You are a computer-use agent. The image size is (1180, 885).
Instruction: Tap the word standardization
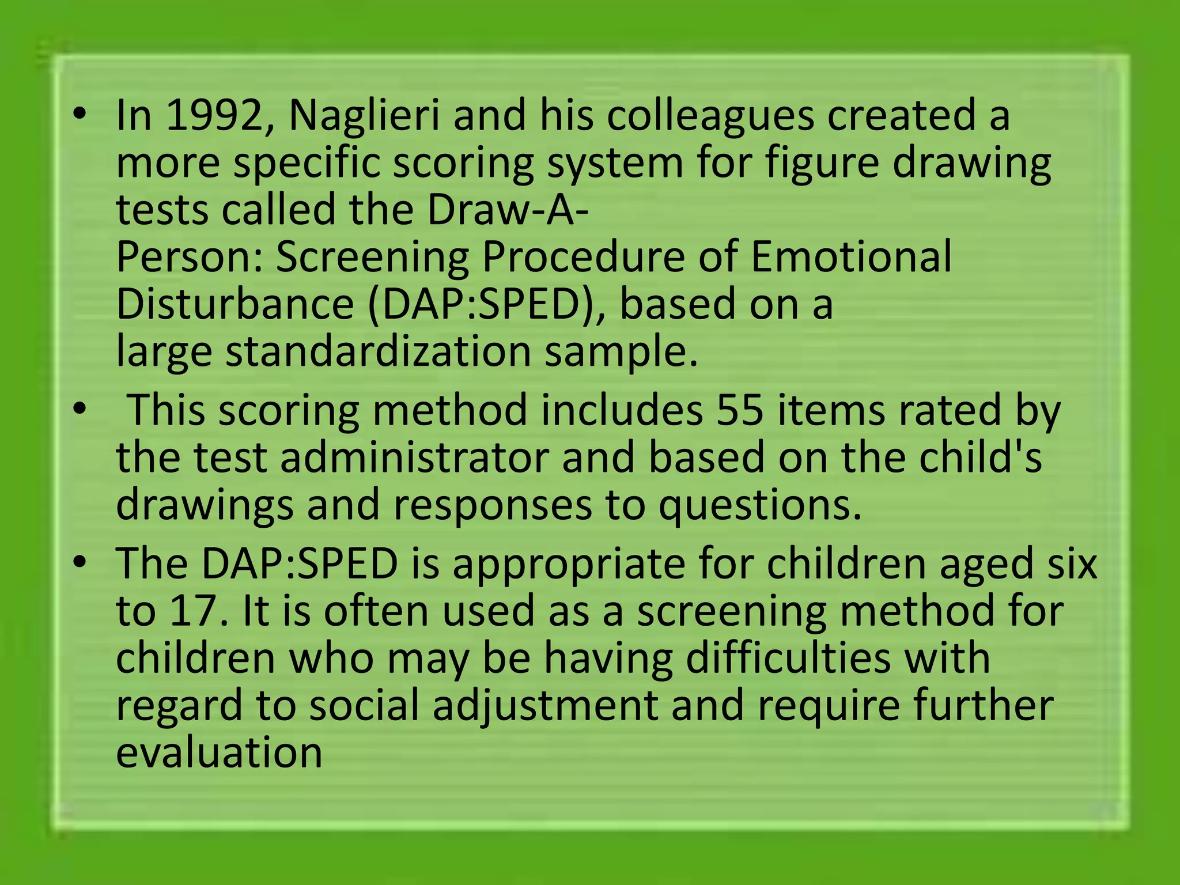pos(378,351)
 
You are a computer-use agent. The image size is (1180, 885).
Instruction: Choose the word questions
pos(760,505)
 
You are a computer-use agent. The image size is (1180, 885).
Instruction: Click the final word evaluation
pos(219,752)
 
